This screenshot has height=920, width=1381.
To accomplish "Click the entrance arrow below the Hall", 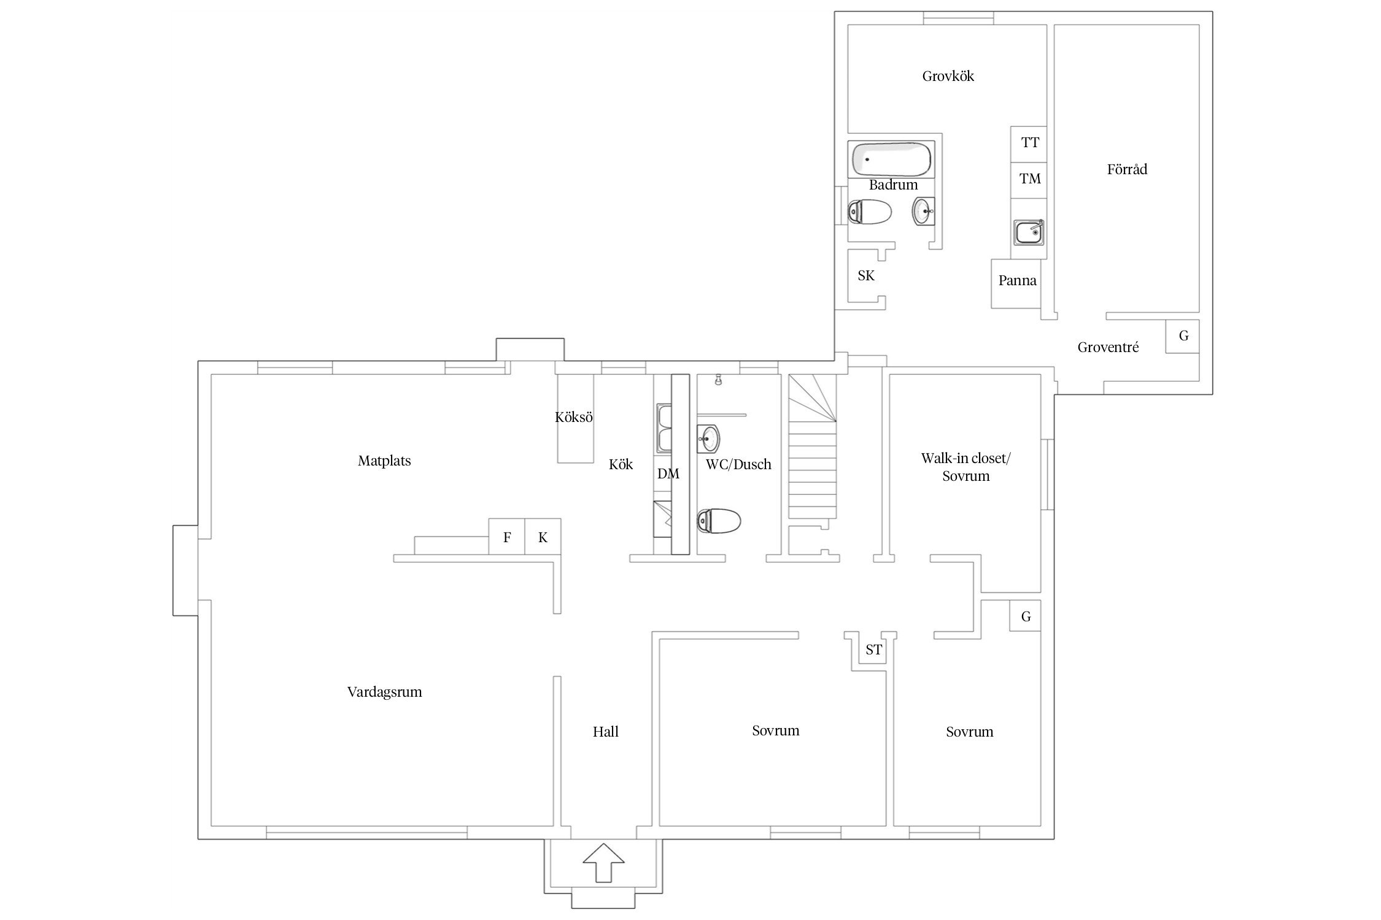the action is click(x=603, y=862).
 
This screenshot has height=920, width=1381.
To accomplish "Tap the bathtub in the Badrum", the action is click(x=891, y=159).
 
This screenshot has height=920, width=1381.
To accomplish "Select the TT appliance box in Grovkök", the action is click(x=1029, y=144).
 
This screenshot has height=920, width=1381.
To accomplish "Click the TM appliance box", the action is click(x=1029, y=180).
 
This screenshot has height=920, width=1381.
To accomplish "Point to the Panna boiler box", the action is click(x=1016, y=283).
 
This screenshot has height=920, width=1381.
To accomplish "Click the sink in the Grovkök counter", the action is click(x=1028, y=232).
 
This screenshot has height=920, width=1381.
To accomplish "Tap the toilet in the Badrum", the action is click(x=869, y=212).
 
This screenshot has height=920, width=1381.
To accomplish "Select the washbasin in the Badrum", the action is click(x=924, y=211).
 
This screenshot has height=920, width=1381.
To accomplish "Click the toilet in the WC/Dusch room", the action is click(x=719, y=521).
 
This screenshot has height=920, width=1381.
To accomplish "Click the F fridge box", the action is click(x=507, y=537).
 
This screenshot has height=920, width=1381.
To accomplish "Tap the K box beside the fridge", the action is click(x=543, y=537).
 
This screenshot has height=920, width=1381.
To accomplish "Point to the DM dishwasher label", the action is click(x=668, y=473).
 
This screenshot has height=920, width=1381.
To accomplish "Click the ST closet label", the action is click(x=873, y=650).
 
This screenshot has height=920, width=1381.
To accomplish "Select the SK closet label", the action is click(x=866, y=276).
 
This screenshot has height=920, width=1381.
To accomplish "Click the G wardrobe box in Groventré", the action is click(x=1182, y=336).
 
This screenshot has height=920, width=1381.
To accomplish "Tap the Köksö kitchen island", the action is click(x=576, y=418).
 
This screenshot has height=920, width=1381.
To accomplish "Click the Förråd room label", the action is click(x=1127, y=169).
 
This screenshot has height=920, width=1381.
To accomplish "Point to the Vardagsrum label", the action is click(x=385, y=692).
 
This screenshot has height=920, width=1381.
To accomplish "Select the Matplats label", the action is click(x=384, y=461).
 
